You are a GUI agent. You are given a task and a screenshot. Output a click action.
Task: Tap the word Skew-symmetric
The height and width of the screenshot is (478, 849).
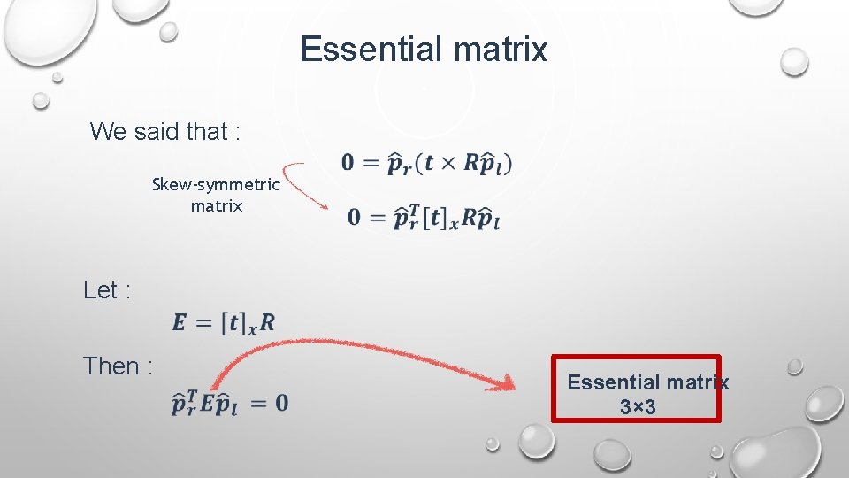(x=216, y=185)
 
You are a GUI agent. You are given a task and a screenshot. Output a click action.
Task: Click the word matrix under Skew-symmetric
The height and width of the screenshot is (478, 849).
(x=216, y=206)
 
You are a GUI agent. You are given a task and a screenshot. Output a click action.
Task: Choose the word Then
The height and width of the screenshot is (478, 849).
(x=112, y=366)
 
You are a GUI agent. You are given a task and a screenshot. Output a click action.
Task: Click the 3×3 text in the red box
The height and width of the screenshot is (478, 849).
(x=637, y=408)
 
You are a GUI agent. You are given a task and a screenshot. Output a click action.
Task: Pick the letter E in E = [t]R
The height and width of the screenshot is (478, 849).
(x=180, y=323)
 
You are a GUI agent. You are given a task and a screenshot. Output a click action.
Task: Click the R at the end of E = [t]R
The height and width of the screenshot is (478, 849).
(x=267, y=323)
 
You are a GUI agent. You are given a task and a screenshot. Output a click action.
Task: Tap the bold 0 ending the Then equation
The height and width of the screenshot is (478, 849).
(x=280, y=404)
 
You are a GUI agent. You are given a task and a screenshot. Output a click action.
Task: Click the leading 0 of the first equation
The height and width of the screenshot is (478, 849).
(x=348, y=163)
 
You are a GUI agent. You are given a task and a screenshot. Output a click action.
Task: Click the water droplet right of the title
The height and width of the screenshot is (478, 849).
(x=794, y=61)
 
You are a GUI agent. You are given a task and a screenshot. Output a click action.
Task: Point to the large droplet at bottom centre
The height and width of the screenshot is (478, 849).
(x=537, y=440)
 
